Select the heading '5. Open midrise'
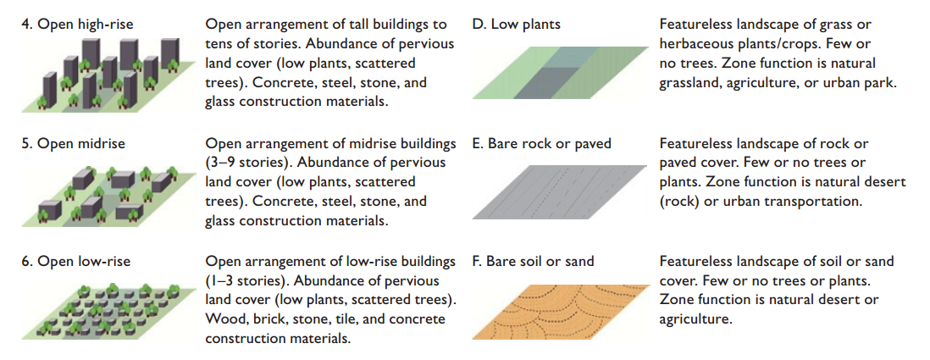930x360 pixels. click(x=72, y=144)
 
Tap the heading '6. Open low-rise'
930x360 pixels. click(x=75, y=262)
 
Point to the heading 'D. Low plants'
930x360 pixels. click(x=516, y=25)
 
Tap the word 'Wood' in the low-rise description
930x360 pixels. click(x=224, y=319)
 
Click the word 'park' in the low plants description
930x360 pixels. click(x=879, y=83)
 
